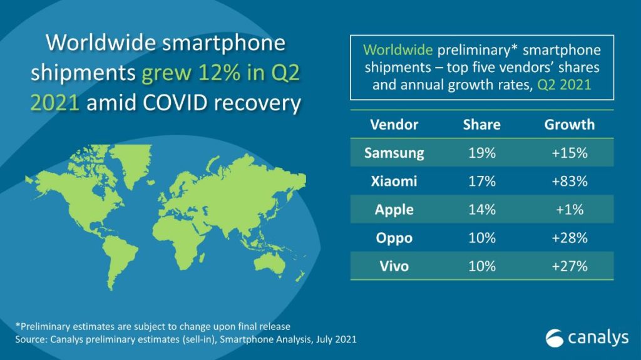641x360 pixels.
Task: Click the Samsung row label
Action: pos(394,153)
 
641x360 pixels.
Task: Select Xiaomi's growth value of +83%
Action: pos(569,181)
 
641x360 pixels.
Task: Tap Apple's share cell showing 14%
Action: pos(481,210)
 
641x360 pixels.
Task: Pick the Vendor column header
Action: pos(394,124)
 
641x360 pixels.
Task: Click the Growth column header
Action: pos(569,124)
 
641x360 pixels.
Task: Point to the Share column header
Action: pos(481,124)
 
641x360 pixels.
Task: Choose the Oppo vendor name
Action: pos(394,238)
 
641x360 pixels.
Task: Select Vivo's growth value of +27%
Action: pos(569,266)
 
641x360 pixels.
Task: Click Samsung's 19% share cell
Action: pos(481,153)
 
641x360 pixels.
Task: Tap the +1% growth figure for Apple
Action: pos(569,210)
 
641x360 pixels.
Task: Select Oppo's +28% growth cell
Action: pos(569,238)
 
